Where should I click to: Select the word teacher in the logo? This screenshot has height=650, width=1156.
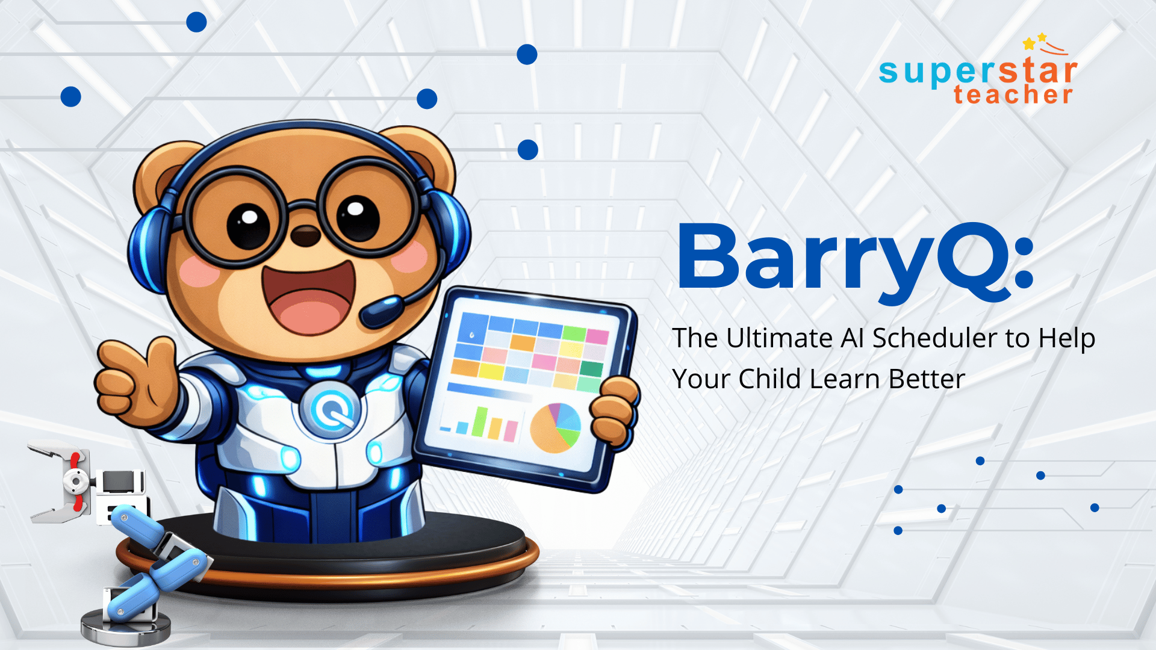click(x=1013, y=95)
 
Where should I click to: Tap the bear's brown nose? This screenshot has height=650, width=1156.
click(x=305, y=235)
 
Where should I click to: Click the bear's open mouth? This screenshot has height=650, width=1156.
click(x=309, y=298)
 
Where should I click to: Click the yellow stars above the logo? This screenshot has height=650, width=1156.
click(x=1036, y=41)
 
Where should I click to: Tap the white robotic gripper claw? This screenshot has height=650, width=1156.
click(x=60, y=481)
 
